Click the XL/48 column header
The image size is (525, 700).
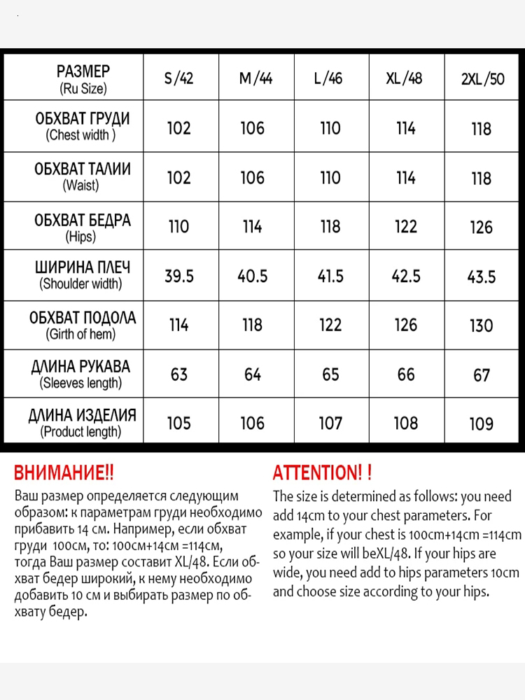[x=405, y=78]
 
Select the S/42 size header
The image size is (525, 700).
[x=178, y=78]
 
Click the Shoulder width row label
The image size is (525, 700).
[x=80, y=275]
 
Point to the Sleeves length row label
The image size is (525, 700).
[x=80, y=374]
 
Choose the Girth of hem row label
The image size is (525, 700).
[x=81, y=325]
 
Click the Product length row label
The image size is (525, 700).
[x=81, y=423]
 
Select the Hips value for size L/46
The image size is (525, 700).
[x=330, y=227]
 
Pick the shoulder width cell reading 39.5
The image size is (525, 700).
[x=178, y=276]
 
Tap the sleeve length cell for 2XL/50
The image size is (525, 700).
[x=482, y=375]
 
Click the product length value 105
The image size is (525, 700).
[x=178, y=423]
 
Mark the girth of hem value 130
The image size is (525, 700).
[x=482, y=325]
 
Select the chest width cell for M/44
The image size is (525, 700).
[x=253, y=128]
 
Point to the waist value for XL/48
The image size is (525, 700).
[x=405, y=178]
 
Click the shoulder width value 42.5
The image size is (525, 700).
[x=406, y=276]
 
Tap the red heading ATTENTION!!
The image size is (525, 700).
[x=322, y=472]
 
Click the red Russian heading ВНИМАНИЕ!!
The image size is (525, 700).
[x=64, y=472]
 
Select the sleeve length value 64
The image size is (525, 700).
[x=253, y=374]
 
